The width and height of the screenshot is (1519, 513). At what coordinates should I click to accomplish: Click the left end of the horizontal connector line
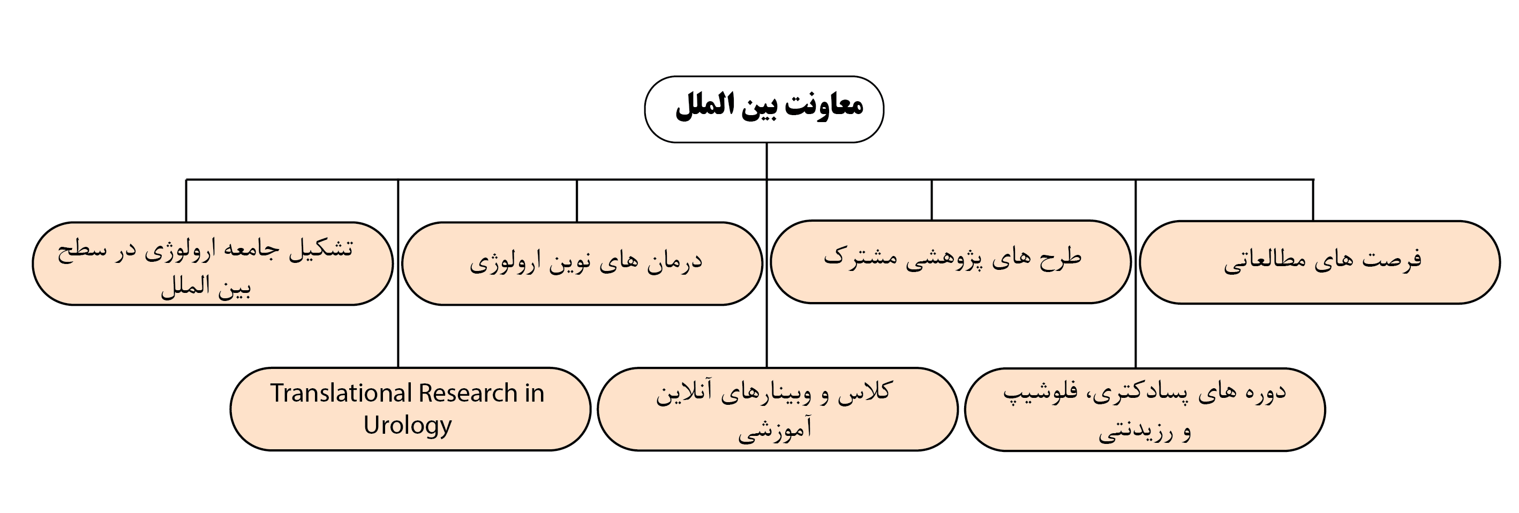click(186, 179)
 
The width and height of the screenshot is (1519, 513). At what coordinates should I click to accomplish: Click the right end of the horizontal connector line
click(1314, 179)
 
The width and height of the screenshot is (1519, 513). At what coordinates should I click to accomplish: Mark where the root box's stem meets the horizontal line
click(766, 179)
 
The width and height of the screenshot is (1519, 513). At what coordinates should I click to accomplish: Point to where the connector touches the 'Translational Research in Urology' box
click(398, 368)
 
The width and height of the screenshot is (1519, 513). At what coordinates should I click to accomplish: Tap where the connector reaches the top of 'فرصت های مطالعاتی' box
click(1313, 221)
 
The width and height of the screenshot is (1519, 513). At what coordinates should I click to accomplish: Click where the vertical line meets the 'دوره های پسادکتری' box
click(1136, 368)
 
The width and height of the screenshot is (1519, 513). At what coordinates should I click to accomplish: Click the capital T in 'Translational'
click(277, 393)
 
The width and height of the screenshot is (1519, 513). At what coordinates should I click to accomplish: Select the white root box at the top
click(764, 109)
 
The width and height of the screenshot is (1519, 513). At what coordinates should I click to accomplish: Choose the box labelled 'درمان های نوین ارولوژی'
click(582, 263)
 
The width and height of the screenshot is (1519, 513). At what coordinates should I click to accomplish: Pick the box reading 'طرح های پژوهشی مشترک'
click(951, 262)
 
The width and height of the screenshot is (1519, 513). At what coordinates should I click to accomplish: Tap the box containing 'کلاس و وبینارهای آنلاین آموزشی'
click(778, 409)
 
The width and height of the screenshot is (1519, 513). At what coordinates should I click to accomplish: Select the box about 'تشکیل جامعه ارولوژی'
click(213, 263)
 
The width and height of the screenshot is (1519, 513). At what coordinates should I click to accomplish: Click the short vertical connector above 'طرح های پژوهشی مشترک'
click(931, 200)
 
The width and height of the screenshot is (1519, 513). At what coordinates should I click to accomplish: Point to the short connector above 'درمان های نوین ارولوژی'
click(577, 200)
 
